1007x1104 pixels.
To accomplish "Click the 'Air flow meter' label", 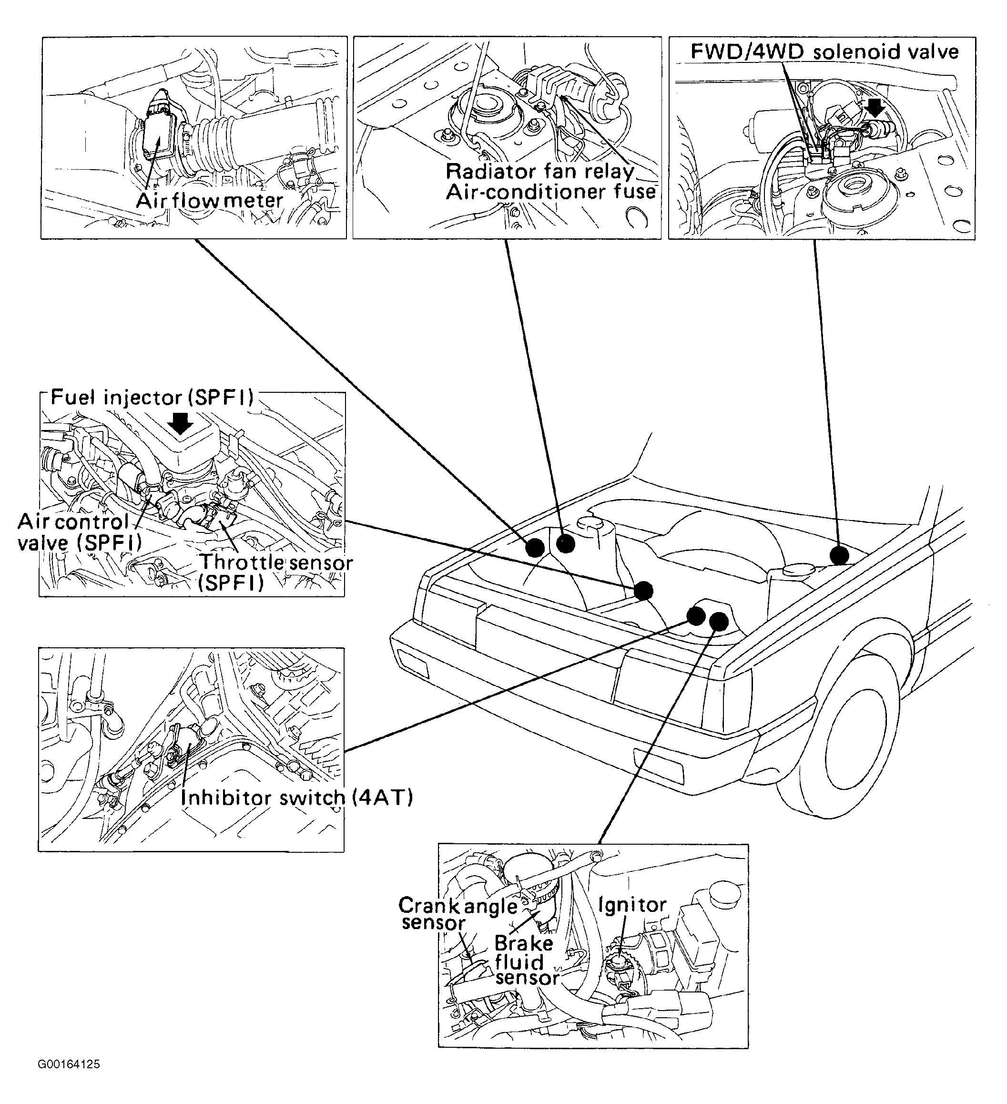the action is pos(209,200).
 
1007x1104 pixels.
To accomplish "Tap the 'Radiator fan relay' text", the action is pos(540,172).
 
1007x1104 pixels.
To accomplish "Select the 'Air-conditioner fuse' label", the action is pos(550,192).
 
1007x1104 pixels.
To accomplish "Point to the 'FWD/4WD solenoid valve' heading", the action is pos(824,52).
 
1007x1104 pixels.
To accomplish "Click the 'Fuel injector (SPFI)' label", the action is pos(152,398).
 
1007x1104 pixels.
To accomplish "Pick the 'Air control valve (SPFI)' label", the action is pos(80,532).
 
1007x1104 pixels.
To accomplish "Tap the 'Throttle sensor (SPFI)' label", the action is pos(275,572).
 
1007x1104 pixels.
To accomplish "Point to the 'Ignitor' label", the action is pos(632,905).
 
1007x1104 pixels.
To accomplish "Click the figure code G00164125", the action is pos(69,1064).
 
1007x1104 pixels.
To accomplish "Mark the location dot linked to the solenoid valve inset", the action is pos(839,555).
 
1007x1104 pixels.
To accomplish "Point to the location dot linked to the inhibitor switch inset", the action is pos(696,615).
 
